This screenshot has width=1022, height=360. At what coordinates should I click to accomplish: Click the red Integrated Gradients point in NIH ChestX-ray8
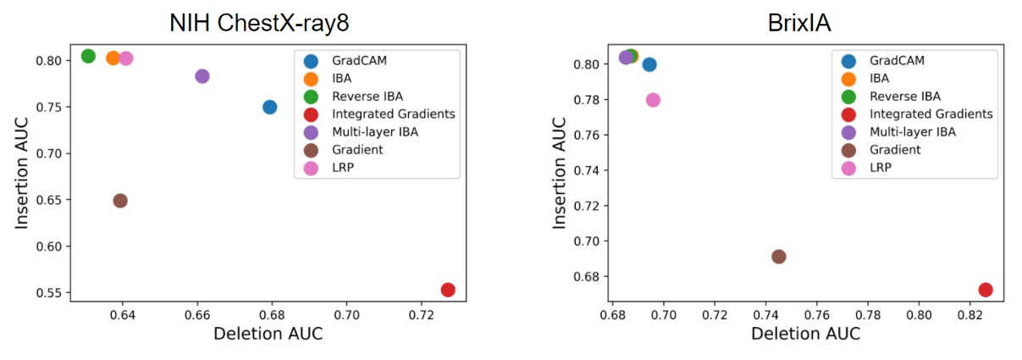tap(448, 290)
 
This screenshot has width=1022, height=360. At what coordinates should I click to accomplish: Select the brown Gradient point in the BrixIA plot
tap(778, 257)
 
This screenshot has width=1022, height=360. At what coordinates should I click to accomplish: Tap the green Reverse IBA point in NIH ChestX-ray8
tap(88, 56)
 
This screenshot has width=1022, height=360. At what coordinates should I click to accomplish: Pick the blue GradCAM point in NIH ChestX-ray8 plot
tap(269, 107)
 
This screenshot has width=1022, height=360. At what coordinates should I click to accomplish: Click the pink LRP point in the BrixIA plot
tap(653, 100)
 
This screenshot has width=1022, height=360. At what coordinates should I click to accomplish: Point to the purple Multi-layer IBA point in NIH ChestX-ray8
tap(202, 76)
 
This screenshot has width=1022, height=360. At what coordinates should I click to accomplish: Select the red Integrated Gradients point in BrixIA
tap(985, 290)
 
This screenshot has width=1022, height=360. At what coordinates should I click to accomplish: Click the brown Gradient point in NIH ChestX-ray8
tap(120, 201)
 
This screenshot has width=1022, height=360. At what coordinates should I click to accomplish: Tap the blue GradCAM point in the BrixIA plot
tap(649, 64)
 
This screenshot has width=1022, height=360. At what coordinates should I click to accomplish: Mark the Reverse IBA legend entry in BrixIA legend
tap(904, 96)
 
